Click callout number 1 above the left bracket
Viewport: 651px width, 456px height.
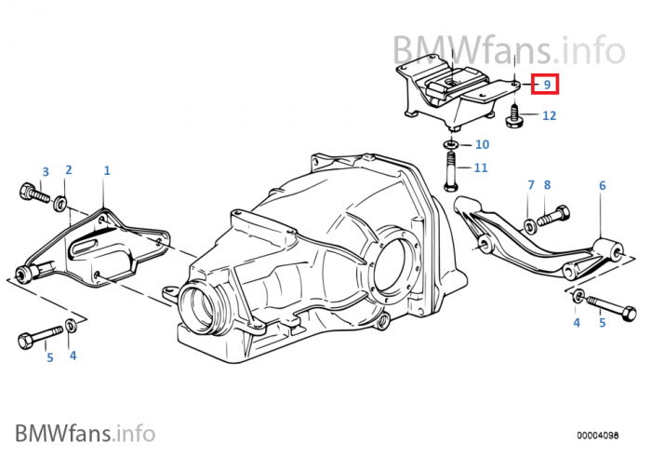(107, 171)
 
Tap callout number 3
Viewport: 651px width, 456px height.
(45, 171)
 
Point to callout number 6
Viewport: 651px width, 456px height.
(602, 186)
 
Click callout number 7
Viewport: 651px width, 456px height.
(531, 185)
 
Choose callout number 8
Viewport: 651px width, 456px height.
(547, 185)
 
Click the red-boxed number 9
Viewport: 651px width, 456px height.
(547, 85)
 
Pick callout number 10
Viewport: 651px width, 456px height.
(482, 144)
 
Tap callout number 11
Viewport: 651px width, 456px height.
(481, 168)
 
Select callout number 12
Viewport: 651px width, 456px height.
(549, 116)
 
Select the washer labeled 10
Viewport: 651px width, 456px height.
(450, 145)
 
